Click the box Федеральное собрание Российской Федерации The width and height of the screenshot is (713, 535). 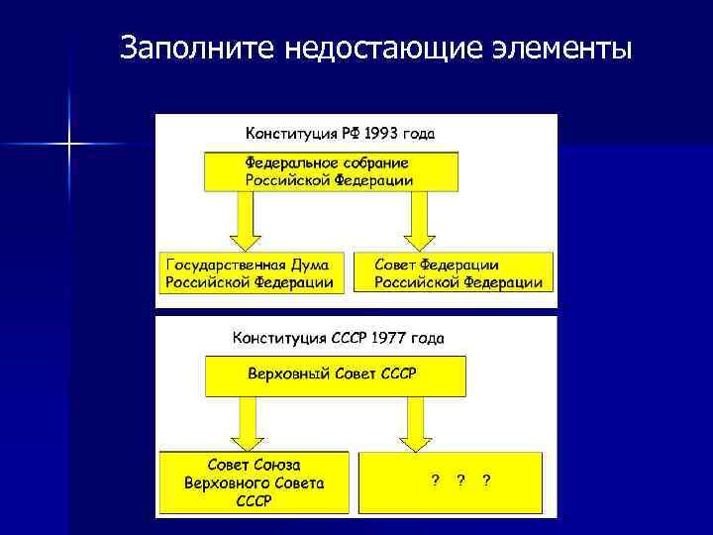pyautogui.click(x=331, y=171)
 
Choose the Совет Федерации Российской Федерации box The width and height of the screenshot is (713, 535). pyautogui.click(x=458, y=273)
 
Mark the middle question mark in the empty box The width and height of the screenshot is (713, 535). pyautogui.click(x=460, y=480)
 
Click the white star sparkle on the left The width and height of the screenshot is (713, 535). pyautogui.click(x=69, y=145)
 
